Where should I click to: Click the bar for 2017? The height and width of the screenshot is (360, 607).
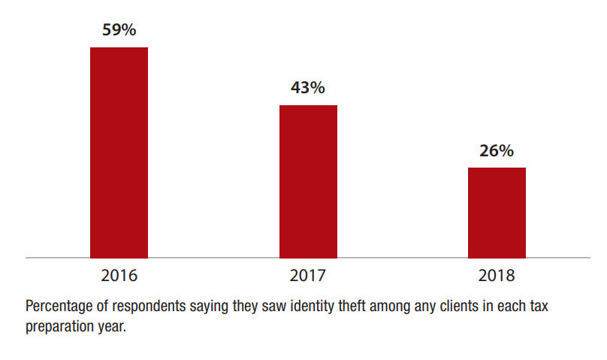[308, 181]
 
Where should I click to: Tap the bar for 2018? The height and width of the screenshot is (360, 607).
[497, 213]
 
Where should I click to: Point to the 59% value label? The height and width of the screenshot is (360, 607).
[119, 31]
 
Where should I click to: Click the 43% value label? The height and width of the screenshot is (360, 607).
[308, 88]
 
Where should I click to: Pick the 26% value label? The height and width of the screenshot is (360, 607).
[497, 151]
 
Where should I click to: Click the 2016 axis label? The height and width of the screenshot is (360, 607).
[119, 275]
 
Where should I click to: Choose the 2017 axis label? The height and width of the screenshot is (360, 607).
[308, 275]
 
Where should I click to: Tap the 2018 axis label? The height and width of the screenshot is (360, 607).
[497, 275]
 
